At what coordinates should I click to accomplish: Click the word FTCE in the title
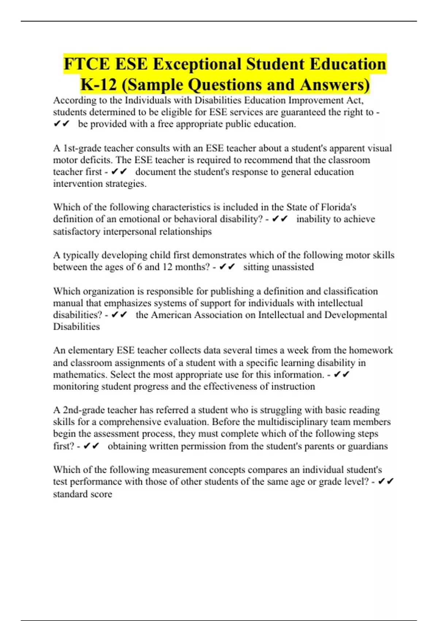tap(87, 64)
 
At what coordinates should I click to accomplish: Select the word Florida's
tap(338, 207)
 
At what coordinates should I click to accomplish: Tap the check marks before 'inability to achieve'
tap(280, 219)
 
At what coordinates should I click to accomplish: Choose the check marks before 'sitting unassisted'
tap(227, 267)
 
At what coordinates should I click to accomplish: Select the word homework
tap(370, 350)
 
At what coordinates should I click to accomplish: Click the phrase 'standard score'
tap(82, 494)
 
